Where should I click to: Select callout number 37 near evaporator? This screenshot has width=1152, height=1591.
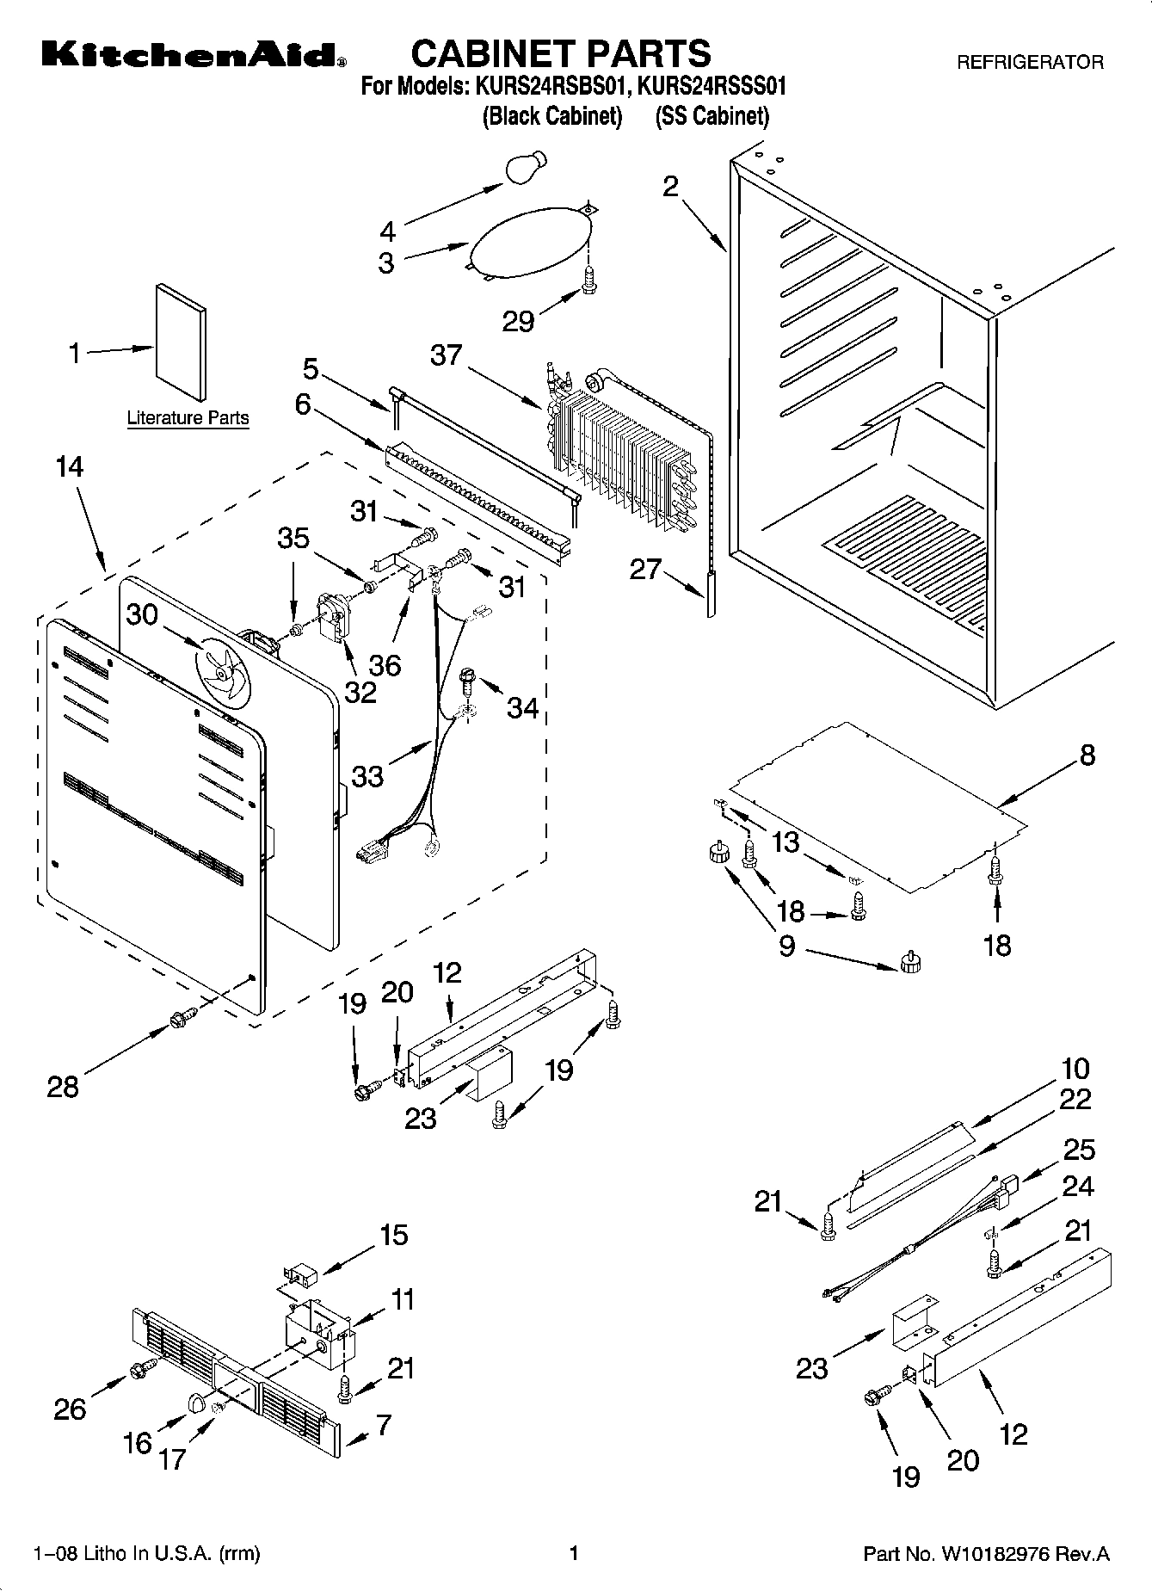pyautogui.click(x=447, y=355)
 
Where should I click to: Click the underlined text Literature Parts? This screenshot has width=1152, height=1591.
pyautogui.click(x=188, y=418)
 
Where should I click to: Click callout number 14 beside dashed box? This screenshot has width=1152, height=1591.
pyautogui.click(x=70, y=467)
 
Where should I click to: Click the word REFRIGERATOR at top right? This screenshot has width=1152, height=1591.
pyautogui.click(x=1030, y=63)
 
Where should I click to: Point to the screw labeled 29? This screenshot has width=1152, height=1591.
pyautogui.click(x=589, y=279)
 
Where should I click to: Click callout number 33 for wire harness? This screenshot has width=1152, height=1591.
pyautogui.click(x=367, y=775)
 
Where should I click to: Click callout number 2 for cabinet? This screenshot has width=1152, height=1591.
pyautogui.click(x=670, y=187)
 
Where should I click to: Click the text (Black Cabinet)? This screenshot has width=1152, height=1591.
pyautogui.click(x=551, y=117)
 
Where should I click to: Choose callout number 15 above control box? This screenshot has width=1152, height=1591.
pyautogui.click(x=393, y=1236)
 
